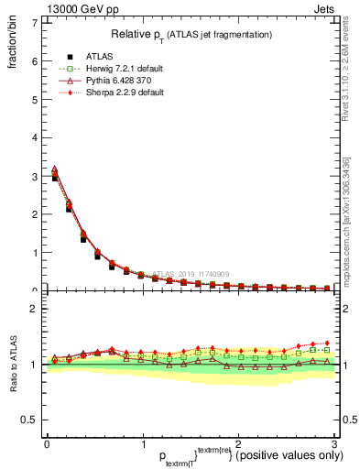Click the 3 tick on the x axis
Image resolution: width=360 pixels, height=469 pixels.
[333, 444]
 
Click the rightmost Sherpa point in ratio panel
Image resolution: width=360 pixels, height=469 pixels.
[327, 343]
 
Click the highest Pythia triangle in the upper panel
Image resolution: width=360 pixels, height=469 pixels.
[54, 169]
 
